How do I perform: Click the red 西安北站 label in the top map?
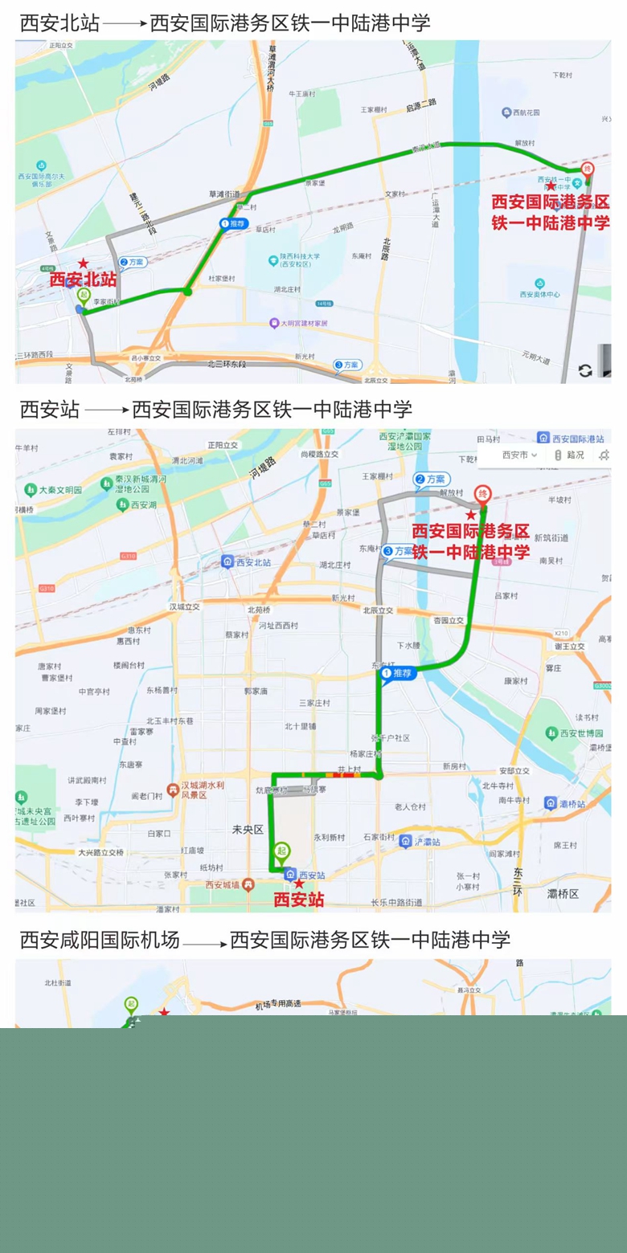click(x=83, y=280)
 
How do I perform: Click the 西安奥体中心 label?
click(x=539, y=294)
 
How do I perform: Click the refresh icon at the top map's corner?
click(x=585, y=370)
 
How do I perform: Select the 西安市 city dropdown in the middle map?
click(x=519, y=455)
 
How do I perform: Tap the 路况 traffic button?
click(x=570, y=455)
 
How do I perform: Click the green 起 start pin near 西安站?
click(x=281, y=852)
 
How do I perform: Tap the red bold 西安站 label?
click(x=299, y=900)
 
